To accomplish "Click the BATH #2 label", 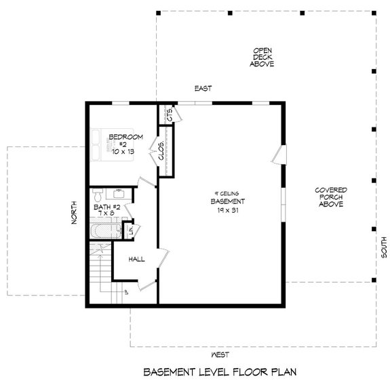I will click(x=106, y=207).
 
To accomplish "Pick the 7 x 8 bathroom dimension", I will click(x=106, y=215).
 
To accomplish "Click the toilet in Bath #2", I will click(x=97, y=193).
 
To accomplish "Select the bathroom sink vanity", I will click(x=119, y=194).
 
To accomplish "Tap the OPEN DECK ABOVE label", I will click(x=262, y=57).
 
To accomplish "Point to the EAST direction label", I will click(x=203, y=89).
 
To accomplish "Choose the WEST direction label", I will click(x=219, y=354).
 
